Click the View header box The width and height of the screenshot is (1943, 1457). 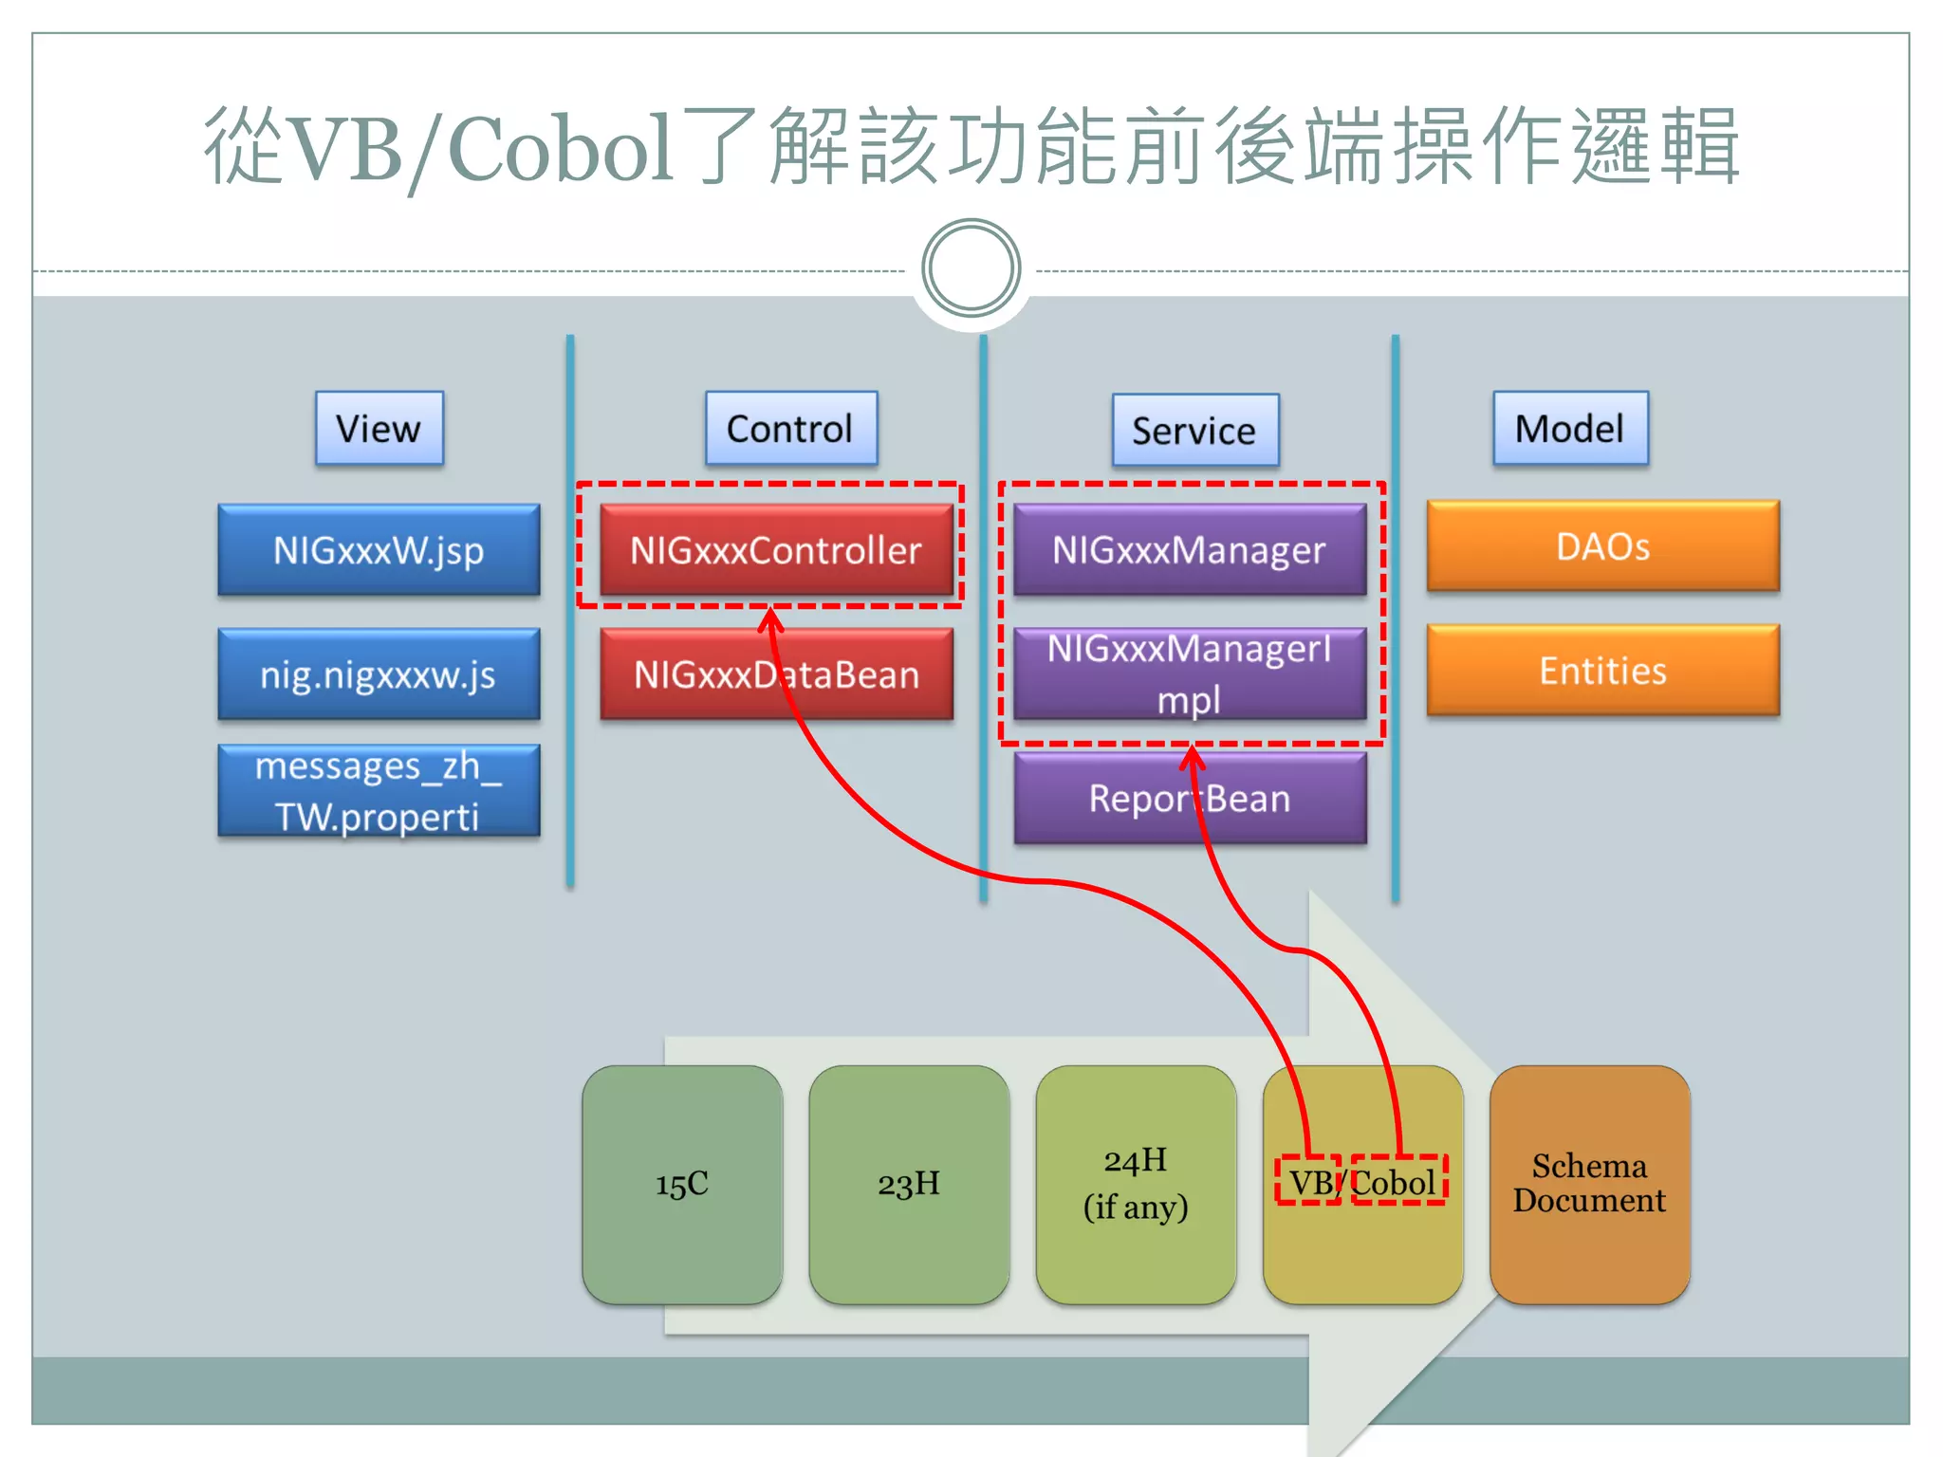tap(379, 428)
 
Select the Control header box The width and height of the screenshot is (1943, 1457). tap(790, 428)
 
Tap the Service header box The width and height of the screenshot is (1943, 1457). tap(1194, 431)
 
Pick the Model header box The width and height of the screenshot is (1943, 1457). tap(1570, 428)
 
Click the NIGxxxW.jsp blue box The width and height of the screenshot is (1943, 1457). tap(379, 550)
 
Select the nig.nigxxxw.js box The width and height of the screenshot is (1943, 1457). tap(379, 674)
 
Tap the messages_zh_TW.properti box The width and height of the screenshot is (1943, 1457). tap(379, 790)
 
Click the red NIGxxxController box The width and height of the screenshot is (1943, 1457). tap(776, 550)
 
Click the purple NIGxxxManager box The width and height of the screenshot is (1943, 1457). tap(1190, 550)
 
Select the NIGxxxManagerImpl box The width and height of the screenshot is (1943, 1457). tap(1190, 674)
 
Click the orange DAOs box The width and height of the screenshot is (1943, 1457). tap(1602, 546)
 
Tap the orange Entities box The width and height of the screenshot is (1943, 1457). tap(1602, 671)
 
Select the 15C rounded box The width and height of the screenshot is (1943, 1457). tap(682, 1185)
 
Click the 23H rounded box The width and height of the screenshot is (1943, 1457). tap(909, 1185)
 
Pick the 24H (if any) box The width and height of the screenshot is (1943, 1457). tap(1136, 1185)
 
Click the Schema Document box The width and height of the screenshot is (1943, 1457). tap(1589, 1185)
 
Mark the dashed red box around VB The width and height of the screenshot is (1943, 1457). tap(1307, 1181)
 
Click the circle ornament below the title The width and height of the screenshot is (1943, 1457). tap(971, 268)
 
